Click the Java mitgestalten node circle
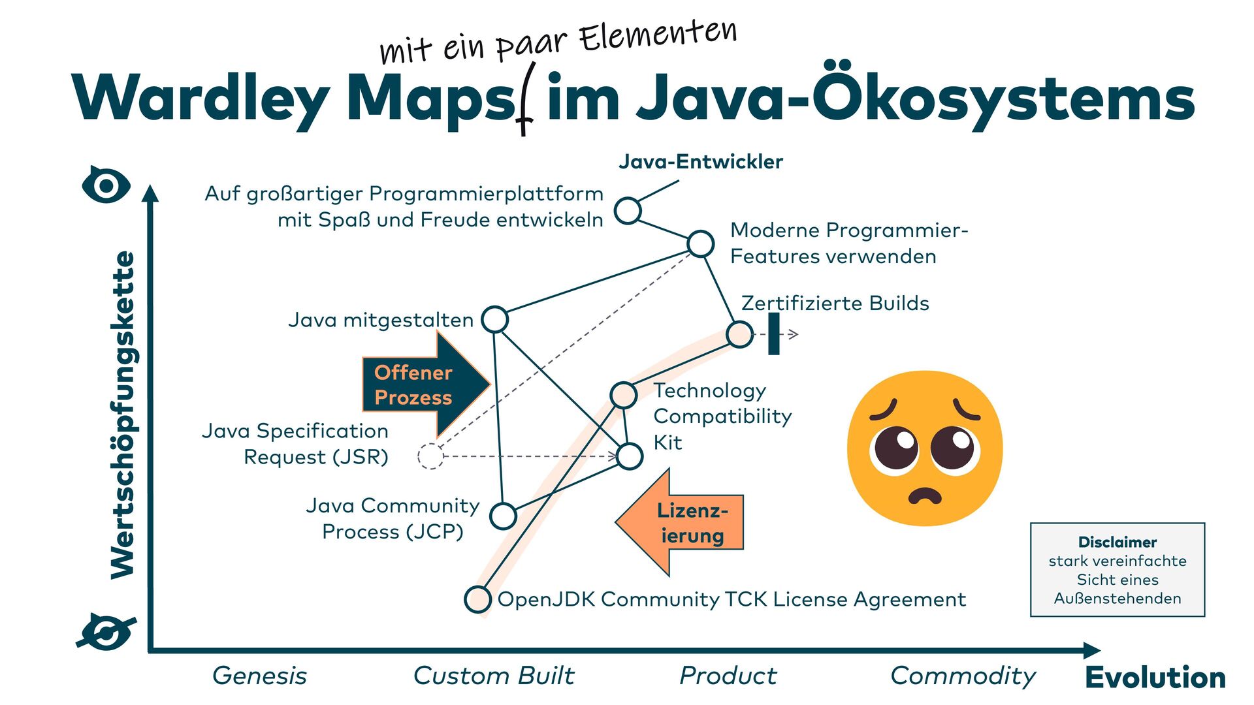click(494, 319)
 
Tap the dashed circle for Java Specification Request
click(430, 456)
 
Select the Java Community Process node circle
click(503, 516)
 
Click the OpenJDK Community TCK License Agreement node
click(477, 599)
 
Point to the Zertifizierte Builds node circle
click(739, 334)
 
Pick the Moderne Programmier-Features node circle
click(701, 243)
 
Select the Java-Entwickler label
click(700, 161)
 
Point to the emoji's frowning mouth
click(925, 496)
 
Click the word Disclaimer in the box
click(1117, 542)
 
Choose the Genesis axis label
click(259, 676)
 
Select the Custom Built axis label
click(494, 676)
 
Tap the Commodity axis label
click(963, 676)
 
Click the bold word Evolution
click(1155, 677)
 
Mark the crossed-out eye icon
click(106, 632)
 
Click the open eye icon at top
click(106, 185)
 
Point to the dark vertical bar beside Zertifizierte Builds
click(774, 334)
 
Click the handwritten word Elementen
click(658, 36)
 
